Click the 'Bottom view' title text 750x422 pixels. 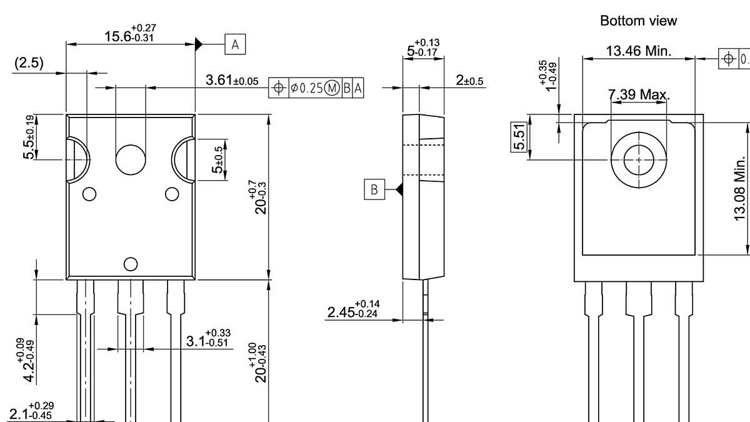pyautogui.click(x=638, y=21)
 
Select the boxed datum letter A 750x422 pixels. pyautogui.click(x=235, y=44)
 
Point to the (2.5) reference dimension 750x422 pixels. pyautogui.click(x=29, y=64)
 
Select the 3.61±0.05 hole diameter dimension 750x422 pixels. pyautogui.click(x=231, y=81)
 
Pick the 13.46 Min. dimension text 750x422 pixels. pyautogui.click(x=639, y=51)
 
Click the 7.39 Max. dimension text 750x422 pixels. pyautogui.click(x=639, y=95)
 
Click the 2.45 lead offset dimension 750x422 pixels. pyautogui.click(x=355, y=309)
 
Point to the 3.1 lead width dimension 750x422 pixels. pyautogui.click(x=207, y=339)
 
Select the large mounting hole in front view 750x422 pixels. pyautogui.click(x=131, y=159)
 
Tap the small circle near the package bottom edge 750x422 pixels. pyautogui.click(x=131, y=264)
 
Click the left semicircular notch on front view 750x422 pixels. pyautogui.click(x=79, y=160)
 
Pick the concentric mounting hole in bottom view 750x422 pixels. pyautogui.click(x=638, y=159)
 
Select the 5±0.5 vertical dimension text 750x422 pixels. pyautogui.click(x=218, y=160)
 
